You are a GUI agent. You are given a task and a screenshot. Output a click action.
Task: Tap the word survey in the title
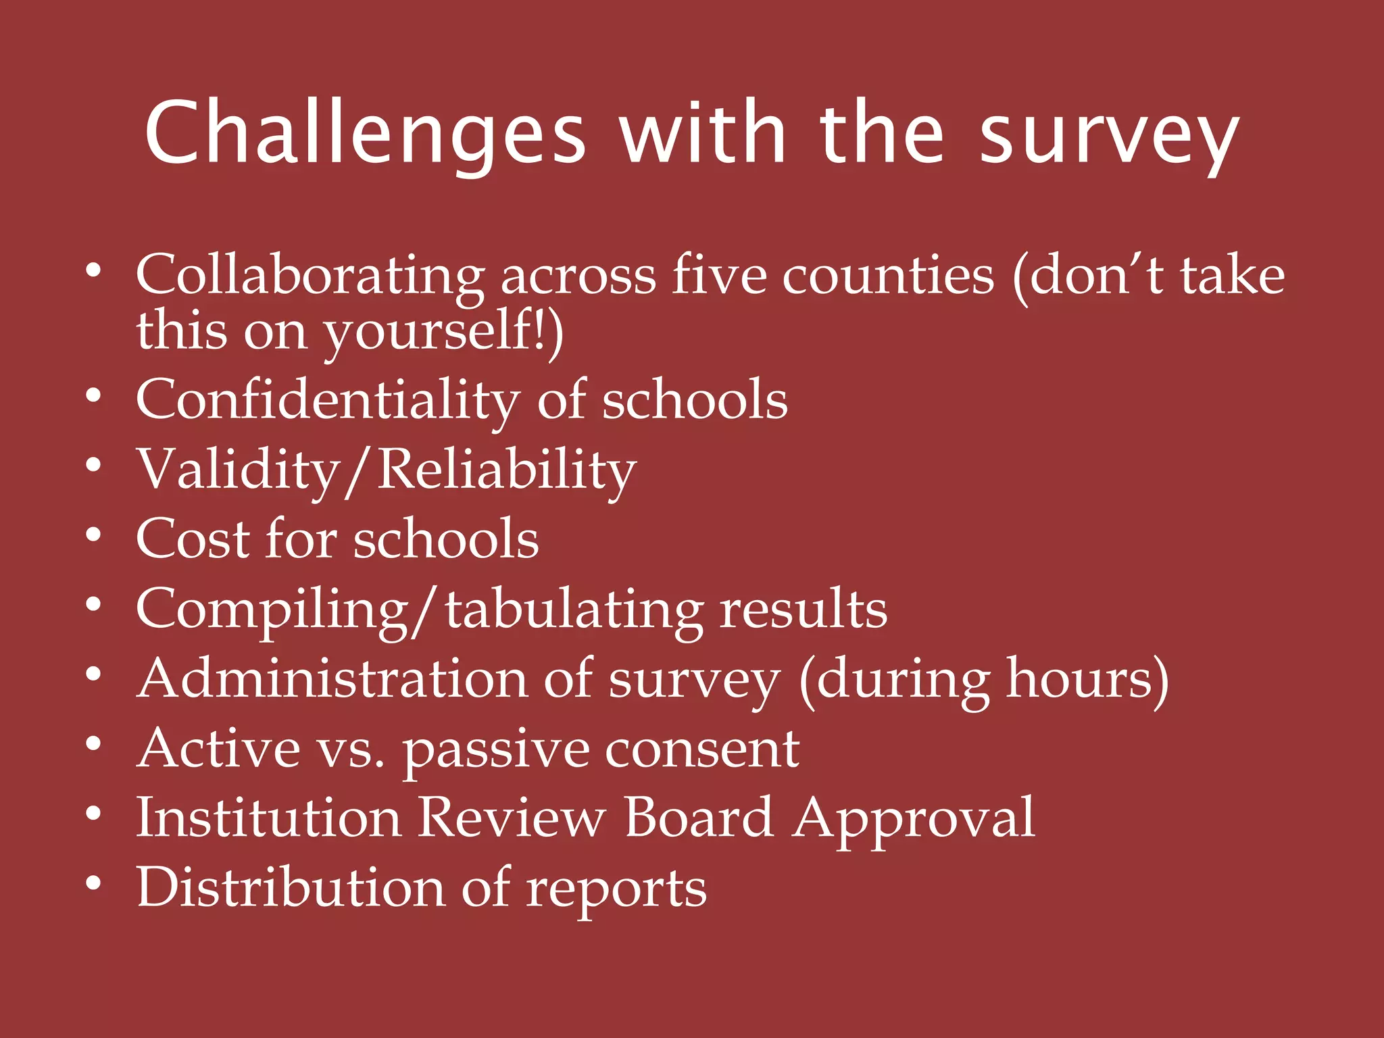point(1109,135)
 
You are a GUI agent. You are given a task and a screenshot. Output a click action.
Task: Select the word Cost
point(193,539)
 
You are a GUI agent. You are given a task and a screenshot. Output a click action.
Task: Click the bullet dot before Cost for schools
point(94,535)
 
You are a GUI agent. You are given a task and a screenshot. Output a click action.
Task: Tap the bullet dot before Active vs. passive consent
point(94,744)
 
